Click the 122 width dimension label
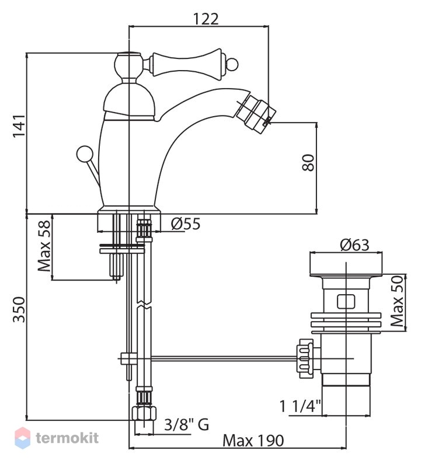206,19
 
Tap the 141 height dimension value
18,125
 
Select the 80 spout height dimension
308,162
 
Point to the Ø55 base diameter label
186,224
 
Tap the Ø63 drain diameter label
354,245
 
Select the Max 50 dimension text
397,301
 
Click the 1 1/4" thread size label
301,406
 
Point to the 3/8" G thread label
186,425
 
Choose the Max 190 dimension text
253,441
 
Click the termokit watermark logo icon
23,438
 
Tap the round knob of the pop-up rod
85,154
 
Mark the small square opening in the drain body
346,302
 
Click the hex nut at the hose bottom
144,413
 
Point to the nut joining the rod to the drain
306,358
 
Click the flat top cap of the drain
346,264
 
